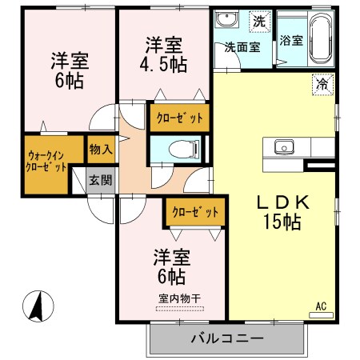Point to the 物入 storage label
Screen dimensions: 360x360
tap(101, 150)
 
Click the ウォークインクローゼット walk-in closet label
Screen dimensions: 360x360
tap(46, 162)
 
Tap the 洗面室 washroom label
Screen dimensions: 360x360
tap(241, 46)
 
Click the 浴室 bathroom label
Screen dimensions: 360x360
tap(290, 41)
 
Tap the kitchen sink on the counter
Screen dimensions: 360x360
tap(286, 146)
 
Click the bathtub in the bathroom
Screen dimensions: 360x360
tap(321, 38)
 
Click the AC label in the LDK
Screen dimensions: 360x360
tap(321, 306)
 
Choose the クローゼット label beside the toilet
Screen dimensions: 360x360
tap(178, 118)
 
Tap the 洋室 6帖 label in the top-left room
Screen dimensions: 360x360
tap(69, 70)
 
